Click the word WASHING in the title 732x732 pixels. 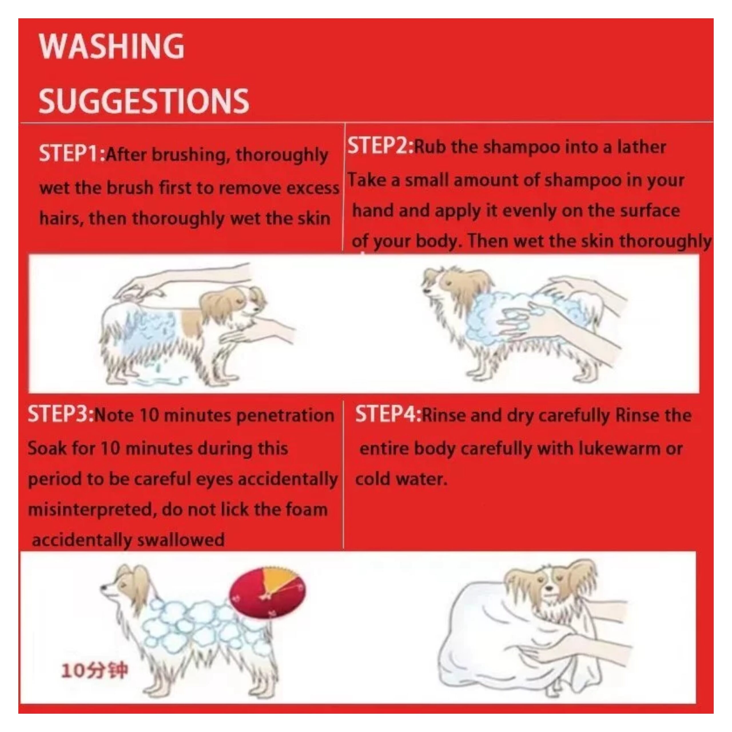(x=112, y=46)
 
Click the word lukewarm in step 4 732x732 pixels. (x=619, y=449)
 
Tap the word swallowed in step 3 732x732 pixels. (x=181, y=540)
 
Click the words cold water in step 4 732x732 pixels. (x=401, y=479)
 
